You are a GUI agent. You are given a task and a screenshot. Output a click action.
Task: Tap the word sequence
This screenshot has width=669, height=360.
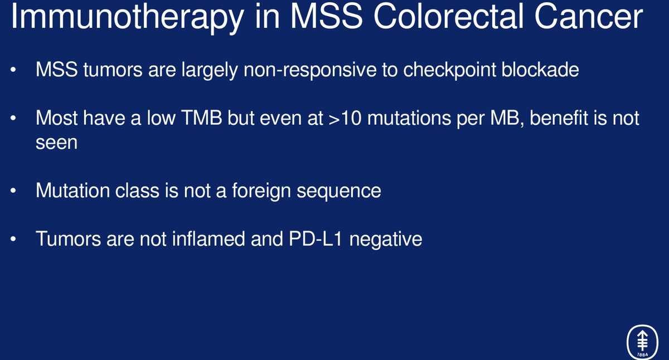tap(340, 191)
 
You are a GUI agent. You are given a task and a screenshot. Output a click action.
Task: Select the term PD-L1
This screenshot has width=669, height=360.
tap(314, 239)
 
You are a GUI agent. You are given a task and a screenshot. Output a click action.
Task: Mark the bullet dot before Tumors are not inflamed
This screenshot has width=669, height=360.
tap(13, 240)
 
